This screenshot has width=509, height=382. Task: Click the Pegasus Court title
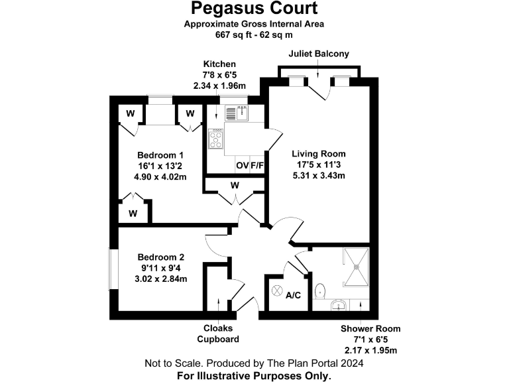pos(254,9)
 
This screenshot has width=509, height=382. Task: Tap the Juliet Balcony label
pos(319,53)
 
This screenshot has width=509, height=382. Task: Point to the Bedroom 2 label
pos(161,257)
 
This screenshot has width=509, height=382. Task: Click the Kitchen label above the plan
pos(219,64)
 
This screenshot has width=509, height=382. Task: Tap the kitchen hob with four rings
pos(216,139)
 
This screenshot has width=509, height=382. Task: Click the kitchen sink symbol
pos(237,114)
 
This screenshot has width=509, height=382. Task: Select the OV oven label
pos(242,165)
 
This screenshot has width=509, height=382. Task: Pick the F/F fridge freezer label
pos(256,165)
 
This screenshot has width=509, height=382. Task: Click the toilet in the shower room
pos(320,291)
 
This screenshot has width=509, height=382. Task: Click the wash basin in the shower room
pos(339,306)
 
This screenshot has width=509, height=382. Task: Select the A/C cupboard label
pos(294,294)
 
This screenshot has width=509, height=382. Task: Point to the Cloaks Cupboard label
pos(218,334)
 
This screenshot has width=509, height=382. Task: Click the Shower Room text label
pos(370,328)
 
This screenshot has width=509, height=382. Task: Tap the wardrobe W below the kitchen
pos(234,185)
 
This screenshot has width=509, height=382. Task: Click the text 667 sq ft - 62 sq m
pos(254,34)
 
